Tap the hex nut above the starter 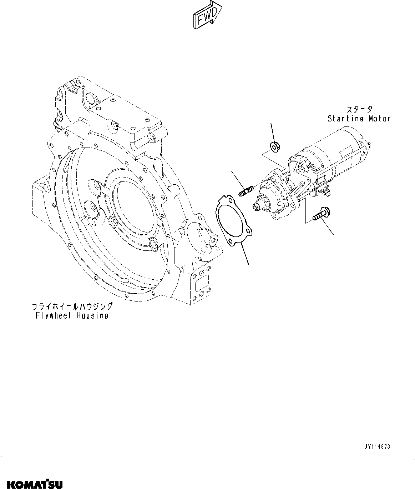pyautogui.click(x=275, y=146)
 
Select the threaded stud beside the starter pyautogui.click(x=246, y=191)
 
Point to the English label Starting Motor pyautogui.click(x=359, y=119)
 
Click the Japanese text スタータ pyautogui.click(x=359, y=109)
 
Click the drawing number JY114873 pyautogui.click(x=377, y=447)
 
